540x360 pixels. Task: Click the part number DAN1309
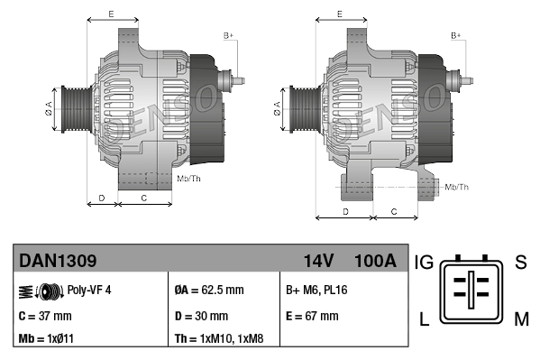coord(58,262)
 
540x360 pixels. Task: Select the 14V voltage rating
coord(318,262)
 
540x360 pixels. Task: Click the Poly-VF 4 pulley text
coord(89,291)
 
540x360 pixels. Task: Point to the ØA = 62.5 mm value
coord(209,291)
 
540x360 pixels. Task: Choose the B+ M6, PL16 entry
coord(316,291)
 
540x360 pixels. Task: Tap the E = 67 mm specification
coord(312,317)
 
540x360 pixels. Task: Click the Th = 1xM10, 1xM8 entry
coord(221,340)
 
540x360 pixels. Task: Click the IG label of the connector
coord(425,263)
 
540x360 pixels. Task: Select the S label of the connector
coord(520,263)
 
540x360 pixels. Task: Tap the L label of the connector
coord(424,318)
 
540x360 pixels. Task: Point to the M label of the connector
coord(521,318)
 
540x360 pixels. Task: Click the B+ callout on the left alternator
coord(228,35)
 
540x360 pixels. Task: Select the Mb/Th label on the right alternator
coord(456,187)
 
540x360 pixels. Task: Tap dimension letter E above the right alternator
coord(339,14)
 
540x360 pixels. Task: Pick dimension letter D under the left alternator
coord(102,196)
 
